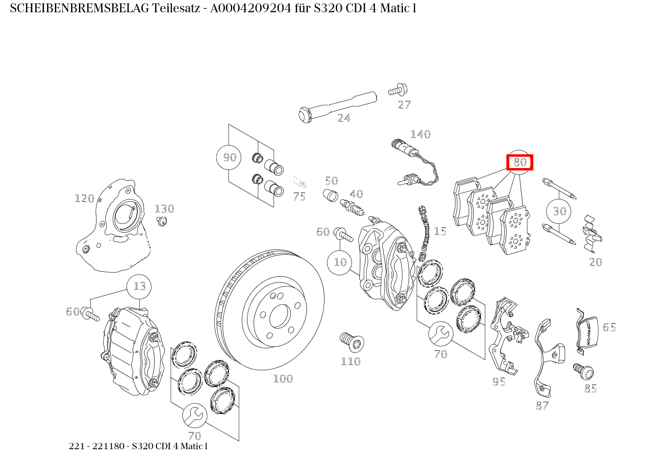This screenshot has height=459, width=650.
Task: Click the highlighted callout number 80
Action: pyautogui.click(x=520, y=162)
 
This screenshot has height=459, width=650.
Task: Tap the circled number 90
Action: pyautogui.click(x=229, y=157)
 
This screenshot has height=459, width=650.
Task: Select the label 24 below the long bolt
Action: pyautogui.click(x=344, y=118)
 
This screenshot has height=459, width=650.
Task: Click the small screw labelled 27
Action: pyautogui.click(x=397, y=91)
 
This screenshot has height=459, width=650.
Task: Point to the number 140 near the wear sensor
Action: pyautogui.click(x=420, y=134)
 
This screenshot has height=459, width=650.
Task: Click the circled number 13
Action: pyautogui.click(x=139, y=286)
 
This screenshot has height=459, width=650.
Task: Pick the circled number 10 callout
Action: pyautogui.click(x=340, y=262)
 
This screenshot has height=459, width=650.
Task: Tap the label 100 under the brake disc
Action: pyautogui.click(x=283, y=379)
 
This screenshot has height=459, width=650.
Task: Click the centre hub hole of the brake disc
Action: pyautogui.click(x=279, y=316)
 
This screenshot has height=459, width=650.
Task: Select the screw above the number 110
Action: pyautogui.click(x=350, y=341)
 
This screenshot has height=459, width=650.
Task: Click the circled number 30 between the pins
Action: pyautogui.click(x=559, y=211)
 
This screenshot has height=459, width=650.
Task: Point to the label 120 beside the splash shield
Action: pyautogui.click(x=84, y=198)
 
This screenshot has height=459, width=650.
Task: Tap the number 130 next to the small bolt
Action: pyautogui.click(x=164, y=209)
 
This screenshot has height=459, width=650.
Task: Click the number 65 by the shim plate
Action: pyautogui.click(x=609, y=327)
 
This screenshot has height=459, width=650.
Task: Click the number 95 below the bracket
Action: pyautogui.click(x=499, y=382)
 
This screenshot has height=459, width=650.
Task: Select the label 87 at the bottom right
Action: pyautogui.click(x=542, y=406)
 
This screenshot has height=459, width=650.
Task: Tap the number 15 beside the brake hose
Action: pyautogui.click(x=440, y=231)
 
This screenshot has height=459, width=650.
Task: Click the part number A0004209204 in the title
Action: pyautogui.click(x=250, y=8)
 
